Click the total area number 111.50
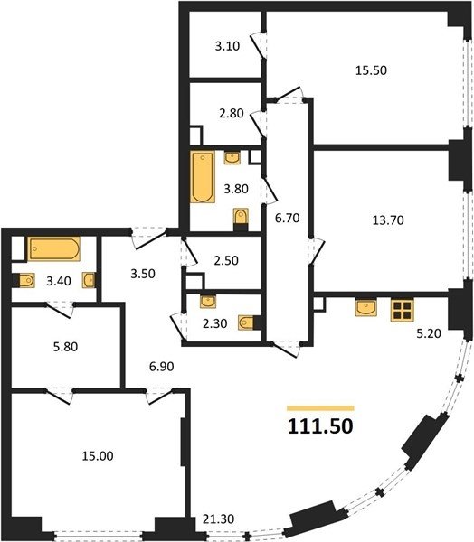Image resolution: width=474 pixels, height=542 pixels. tap(320, 425)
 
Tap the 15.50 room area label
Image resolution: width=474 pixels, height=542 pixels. tap(371, 70)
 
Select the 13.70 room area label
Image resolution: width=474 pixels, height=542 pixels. tap(388, 220)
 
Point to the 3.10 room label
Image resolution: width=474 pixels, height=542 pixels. tap(227, 46)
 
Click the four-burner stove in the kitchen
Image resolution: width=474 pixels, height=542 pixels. tap(402, 311)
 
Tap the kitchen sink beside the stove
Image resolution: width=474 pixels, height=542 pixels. tap(366, 308)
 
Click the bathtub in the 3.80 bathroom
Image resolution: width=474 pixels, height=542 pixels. tap(203, 177)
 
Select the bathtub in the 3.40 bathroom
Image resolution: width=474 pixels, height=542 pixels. tap(54, 248)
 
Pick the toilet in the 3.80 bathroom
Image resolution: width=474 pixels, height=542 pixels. tap(241, 220)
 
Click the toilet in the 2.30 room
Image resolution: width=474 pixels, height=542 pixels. tap(250, 322)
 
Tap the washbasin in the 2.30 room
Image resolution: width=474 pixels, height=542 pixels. tap(208, 302)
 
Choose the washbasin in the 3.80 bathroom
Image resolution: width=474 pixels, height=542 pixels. tap(232, 157)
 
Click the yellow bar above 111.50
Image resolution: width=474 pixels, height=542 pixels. tap(320, 408)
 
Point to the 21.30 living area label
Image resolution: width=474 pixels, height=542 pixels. tap(219, 519)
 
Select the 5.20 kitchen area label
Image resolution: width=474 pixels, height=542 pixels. tap(429, 333)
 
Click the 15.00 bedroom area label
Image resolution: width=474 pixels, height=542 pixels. tap(98, 456)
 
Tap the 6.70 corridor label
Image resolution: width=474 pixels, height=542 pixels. tap(287, 218)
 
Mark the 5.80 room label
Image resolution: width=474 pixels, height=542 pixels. tap(65, 347)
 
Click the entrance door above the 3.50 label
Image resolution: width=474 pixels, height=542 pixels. tap(149, 237)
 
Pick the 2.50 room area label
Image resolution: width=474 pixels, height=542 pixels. tap(226, 260)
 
